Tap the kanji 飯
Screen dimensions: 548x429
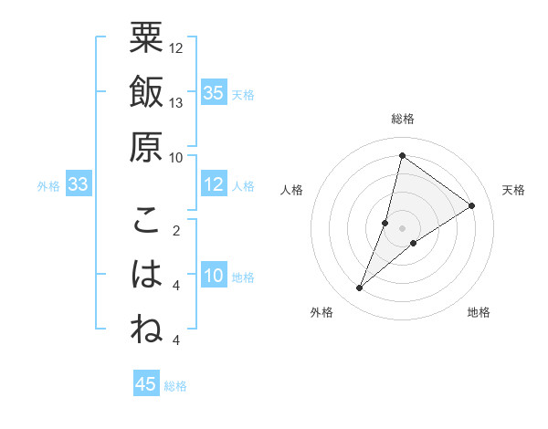pos(146,92)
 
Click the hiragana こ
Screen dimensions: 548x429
pos(146,221)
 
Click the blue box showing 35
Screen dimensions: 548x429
pos(214,93)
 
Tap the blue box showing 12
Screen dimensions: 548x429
pos(214,185)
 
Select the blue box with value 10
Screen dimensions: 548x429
pos(214,277)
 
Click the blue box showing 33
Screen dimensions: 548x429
pos(78,185)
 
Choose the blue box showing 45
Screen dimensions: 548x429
pos(146,384)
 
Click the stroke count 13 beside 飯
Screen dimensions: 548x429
pos(176,102)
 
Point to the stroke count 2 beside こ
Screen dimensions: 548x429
pos(176,230)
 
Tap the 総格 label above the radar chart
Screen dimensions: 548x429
pos(403,119)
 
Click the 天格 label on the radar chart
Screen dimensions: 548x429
pos(513,190)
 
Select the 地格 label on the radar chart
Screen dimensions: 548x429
pos(479,312)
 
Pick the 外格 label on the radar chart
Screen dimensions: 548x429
pos(321,312)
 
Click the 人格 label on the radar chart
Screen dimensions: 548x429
pos(291,190)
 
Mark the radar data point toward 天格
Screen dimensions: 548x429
pos(472,205)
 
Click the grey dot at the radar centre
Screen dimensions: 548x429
pos(403,228)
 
